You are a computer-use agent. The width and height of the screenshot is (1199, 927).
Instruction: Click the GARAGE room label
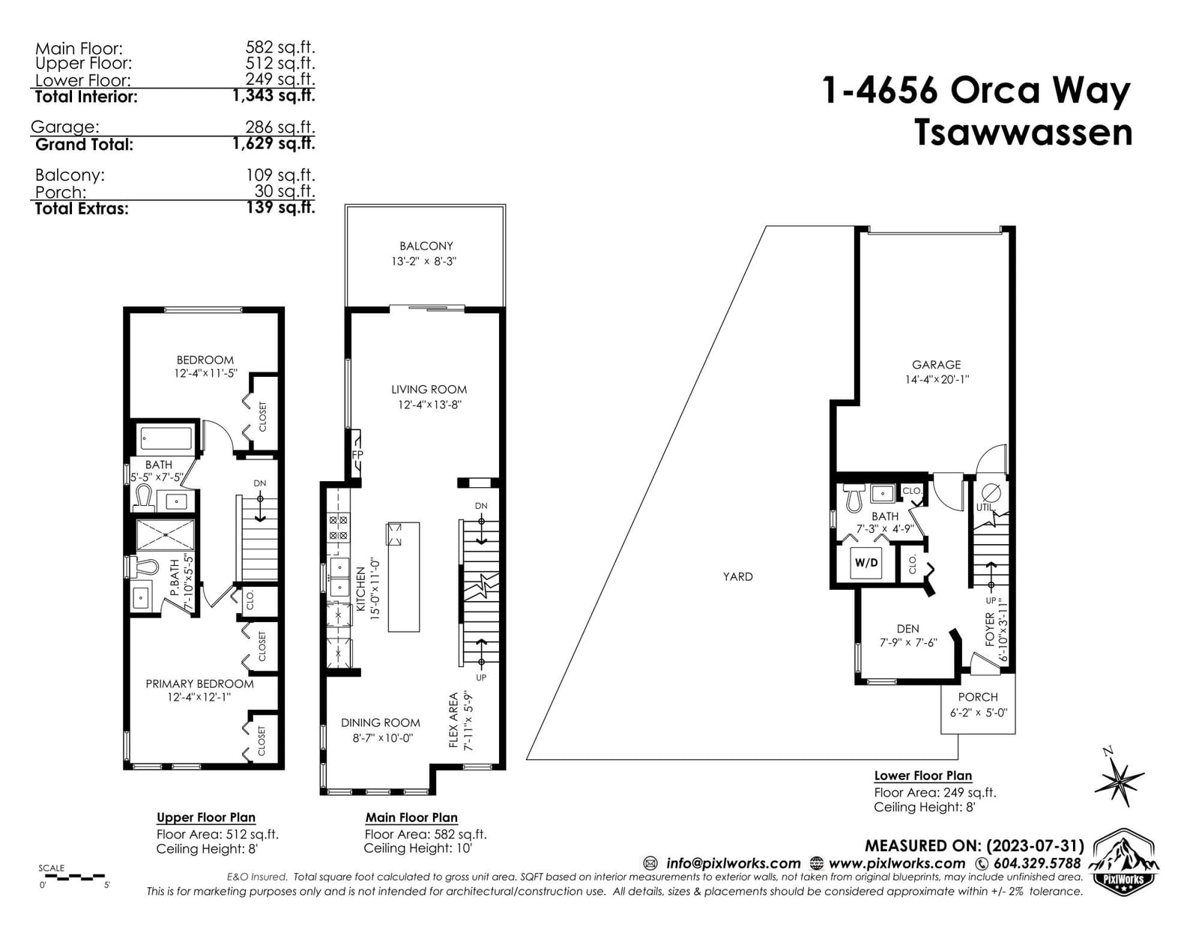(x=936, y=365)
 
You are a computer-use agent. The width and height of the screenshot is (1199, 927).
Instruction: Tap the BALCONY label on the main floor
(x=426, y=246)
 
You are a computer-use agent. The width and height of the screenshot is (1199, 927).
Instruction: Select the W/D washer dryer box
(x=866, y=563)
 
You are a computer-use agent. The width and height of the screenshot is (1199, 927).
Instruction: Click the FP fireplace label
(x=357, y=455)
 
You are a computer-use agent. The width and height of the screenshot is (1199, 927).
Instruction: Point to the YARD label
(x=737, y=576)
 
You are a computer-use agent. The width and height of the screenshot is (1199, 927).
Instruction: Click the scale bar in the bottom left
(x=72, y=876)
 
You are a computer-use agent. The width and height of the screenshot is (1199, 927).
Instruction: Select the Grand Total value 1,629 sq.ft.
(x=274, y=143)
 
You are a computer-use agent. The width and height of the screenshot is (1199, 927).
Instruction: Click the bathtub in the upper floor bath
(x=166, y=438)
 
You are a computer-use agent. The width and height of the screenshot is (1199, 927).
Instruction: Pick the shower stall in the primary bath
(x=166, y=534)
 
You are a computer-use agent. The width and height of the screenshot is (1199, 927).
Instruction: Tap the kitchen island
(x=403, y=576)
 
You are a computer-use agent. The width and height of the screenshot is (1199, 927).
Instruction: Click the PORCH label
(x=978, y=697)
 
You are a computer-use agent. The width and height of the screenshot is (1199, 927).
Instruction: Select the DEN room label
(x=907, y=629)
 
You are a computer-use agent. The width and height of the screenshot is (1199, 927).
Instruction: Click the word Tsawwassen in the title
(x=1024, y=133)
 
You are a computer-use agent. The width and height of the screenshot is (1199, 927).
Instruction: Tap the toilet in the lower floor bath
(x=854, y=498)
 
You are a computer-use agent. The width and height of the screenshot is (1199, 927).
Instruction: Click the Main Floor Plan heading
(x=411, y=818)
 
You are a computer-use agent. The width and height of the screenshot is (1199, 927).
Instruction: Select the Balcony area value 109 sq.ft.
(x=280, y=175)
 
